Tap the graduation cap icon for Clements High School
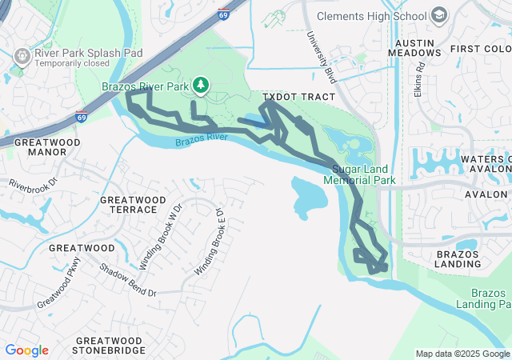[439, 15]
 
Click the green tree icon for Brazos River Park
[201, 84]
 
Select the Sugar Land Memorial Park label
[360, 174]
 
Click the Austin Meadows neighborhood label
[414, 46]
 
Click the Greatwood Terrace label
[129, 204]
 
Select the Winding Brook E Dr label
[209, 239]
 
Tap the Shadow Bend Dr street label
[127, 279]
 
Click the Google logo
[26, 350]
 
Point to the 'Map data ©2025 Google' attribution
[462, 354]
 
